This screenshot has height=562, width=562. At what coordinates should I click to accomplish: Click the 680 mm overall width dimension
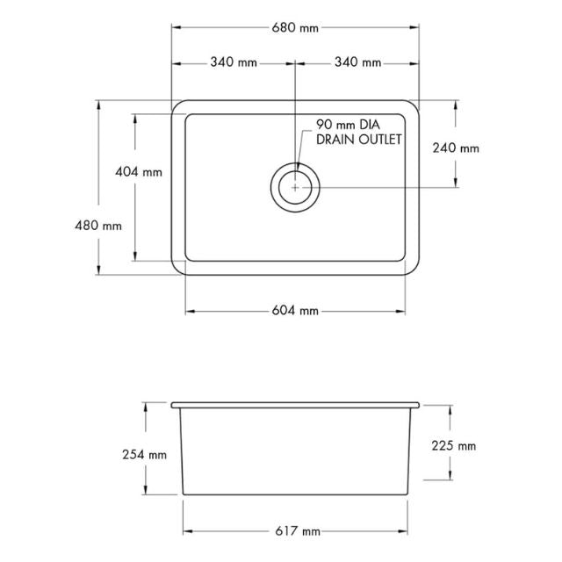pyautogui.click(x=295, y=28)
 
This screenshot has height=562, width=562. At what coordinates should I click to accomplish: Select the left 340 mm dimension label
pyautogui.click(x=234, y=62)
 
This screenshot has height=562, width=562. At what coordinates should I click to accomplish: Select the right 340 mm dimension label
pyautogui.click(x=357, y=62)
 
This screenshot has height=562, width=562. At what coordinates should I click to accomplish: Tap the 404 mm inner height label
pyautogui.click(x=139, y=172)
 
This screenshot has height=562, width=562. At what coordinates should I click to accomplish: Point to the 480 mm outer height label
pyautogui.click(x=98, y=225)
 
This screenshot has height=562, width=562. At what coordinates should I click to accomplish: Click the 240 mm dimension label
pyautogui.click(x=456, y=148)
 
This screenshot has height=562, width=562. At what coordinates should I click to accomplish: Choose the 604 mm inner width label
pyautogui.click(x=295, y=311)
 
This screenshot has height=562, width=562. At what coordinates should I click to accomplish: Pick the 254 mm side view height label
pyautogui.click(x=145, y=455)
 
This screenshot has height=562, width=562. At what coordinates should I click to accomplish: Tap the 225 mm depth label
pyautogui.click(x=454, y=446)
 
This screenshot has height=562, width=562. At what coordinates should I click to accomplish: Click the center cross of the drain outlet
pyautogui.click(x=296, y=187)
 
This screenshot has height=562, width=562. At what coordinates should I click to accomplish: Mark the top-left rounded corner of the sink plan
pyautogui.click(x=177, y=106)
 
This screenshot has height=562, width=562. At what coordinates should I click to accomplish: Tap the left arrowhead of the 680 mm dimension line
pyautogui.click(x=175, y=28)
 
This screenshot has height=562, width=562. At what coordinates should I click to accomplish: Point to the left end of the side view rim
pyautogui.click(x=174, y=406)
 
